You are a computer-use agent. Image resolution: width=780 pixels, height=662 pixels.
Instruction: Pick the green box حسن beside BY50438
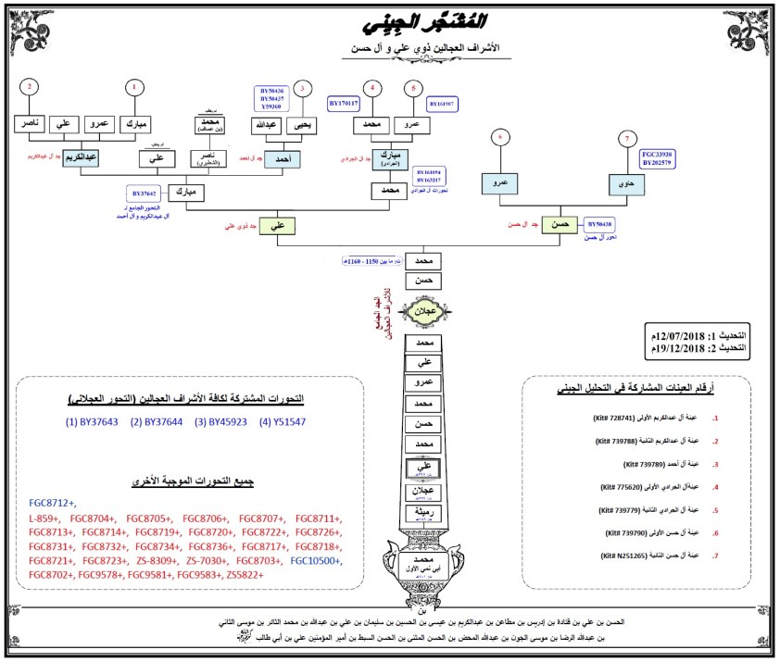[560, 225]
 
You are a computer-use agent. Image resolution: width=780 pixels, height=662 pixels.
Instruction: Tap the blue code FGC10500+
[316, 561]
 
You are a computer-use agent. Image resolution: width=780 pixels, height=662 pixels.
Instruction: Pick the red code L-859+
[44, 518]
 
